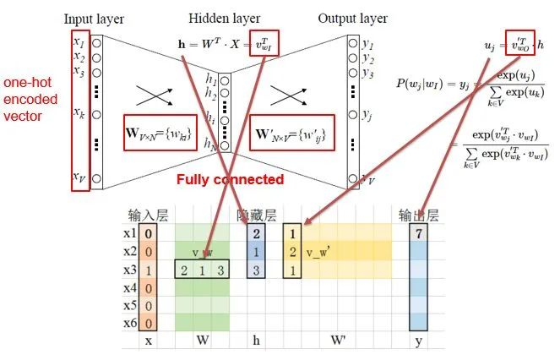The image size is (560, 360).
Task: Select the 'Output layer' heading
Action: pos(353,17)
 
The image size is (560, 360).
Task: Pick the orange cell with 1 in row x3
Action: pos(148,269)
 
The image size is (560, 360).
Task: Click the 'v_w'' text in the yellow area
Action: pos(321,252)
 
